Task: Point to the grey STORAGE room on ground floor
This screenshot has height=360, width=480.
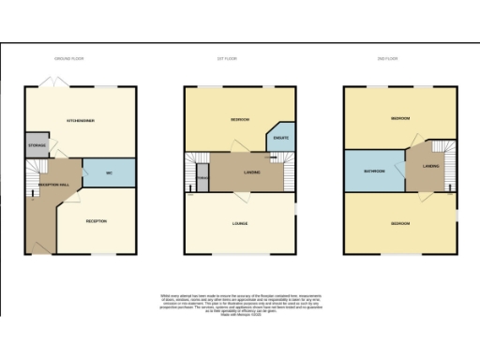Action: (37, 145)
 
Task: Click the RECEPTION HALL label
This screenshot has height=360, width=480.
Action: (52, 185)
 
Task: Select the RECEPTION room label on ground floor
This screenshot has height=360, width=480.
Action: (96, 221)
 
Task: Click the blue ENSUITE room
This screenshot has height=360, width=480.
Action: (280, 139)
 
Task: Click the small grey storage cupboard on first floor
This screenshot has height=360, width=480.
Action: (202, 176)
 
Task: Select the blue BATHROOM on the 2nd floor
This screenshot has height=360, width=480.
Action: (373, 171)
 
